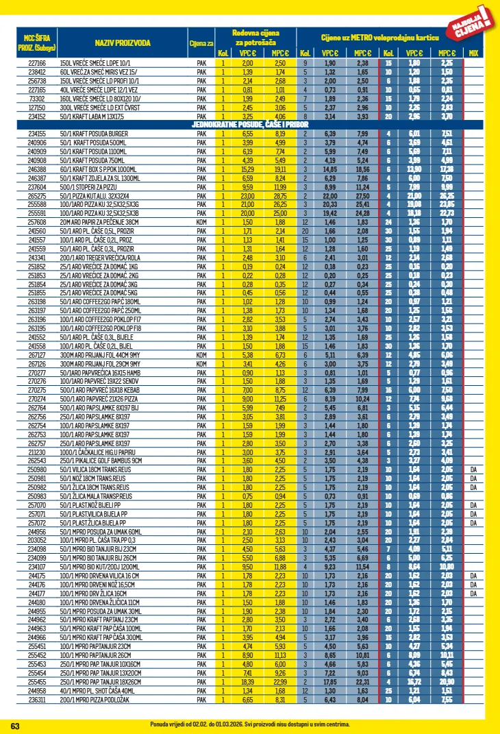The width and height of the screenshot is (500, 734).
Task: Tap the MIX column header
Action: point(473,53)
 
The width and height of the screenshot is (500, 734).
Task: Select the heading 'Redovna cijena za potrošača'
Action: point(254,38)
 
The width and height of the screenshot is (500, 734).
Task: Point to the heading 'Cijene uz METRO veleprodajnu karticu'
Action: point(379,37)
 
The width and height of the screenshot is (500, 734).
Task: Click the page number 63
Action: point(16,725)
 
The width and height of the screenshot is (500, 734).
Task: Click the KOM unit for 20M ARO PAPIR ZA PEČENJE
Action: point(201,222)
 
